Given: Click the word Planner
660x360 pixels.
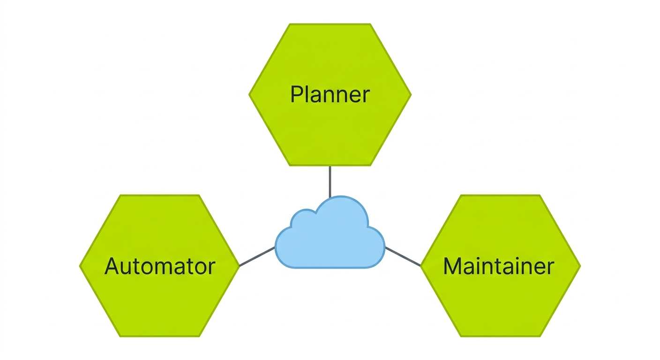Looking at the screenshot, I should point(330,95).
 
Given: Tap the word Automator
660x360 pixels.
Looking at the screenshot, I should point(159,266).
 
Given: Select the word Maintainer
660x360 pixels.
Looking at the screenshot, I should point(498,266).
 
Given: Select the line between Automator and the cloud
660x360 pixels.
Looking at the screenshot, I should point(257,256).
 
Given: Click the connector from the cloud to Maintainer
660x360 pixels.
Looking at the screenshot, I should point(403,256).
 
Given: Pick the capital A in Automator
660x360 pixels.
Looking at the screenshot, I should point(112,266).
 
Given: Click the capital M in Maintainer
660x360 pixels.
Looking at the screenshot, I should point(452,266).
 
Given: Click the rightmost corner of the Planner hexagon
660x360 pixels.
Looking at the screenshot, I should point(410,95).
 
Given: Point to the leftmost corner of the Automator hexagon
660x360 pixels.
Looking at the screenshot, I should point(80,266).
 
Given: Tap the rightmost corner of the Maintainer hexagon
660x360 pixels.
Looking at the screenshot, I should point(580,266).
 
